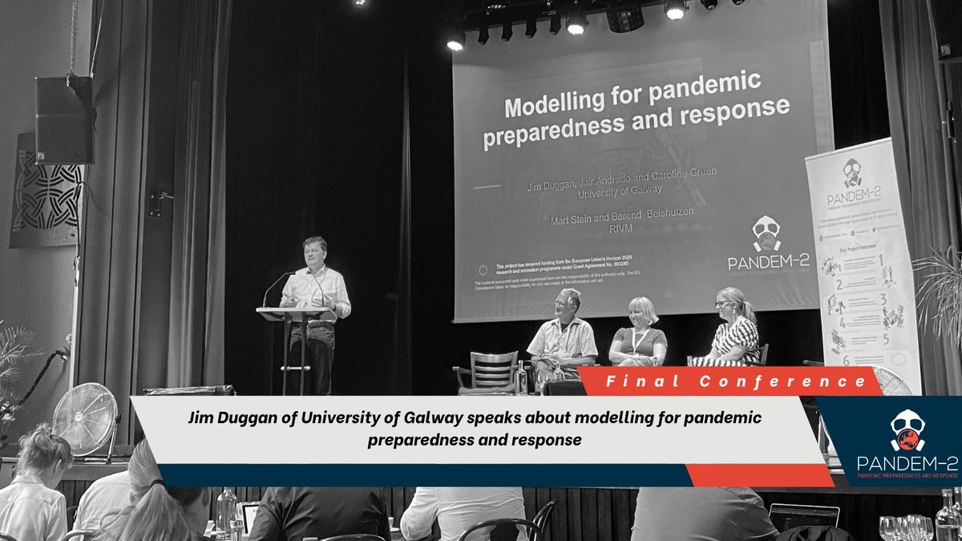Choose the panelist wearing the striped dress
click(733, 329)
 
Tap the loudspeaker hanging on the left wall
click(64, 120)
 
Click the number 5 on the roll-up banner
click(886, 338)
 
